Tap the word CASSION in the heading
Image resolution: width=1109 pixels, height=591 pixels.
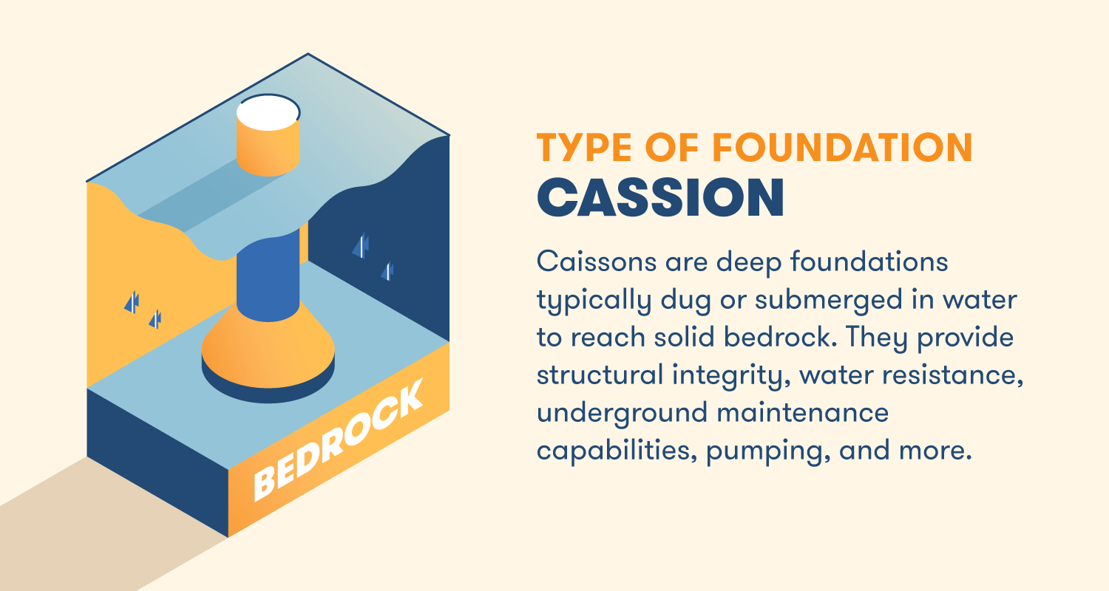(x=660, y=197)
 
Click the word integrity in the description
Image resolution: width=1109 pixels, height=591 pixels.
(x=710, y=375)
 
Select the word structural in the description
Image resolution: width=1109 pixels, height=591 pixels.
(x=596, y=375)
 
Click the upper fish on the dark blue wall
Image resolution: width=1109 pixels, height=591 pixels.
(x=361, y=246)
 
